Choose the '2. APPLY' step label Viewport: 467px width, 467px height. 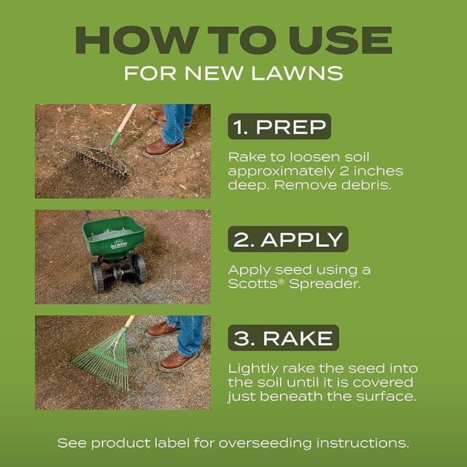[x=288, y=239]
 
